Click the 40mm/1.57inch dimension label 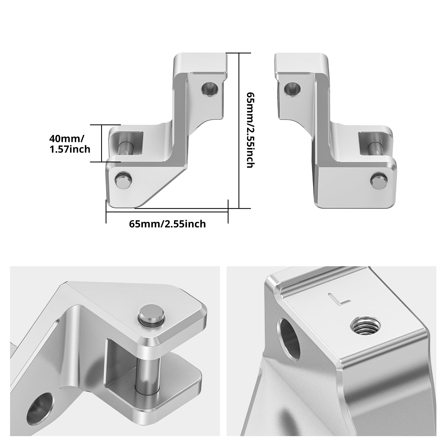(70, 144)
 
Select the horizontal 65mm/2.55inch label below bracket (167, 224)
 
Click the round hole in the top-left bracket (210, 89)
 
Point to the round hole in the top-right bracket (292, 89)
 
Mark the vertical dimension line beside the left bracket (239, 130)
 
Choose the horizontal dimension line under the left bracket (167, 212)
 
